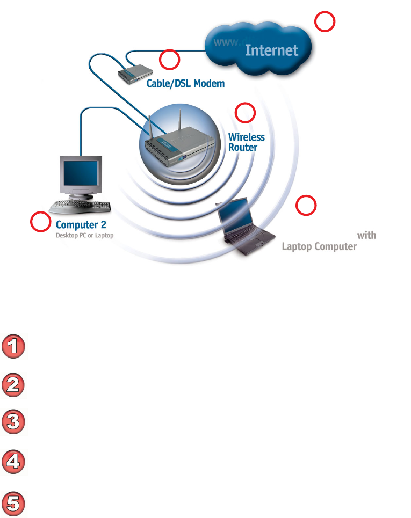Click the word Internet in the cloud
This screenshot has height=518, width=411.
tap(271, 50)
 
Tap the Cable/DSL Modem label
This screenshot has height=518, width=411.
tap(185, 84)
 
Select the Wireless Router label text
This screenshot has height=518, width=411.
tap(246, 142)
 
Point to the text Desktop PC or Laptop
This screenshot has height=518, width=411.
tap(84, 235)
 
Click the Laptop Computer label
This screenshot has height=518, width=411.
tap(319, 247)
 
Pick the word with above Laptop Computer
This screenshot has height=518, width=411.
tap(366, 235)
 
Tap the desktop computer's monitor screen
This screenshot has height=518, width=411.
tap(81, 175)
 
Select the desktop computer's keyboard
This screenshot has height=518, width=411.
tap(81, 205)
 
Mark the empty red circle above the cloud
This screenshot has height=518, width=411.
tap(325, 22)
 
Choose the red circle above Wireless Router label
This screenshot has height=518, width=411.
tap(246, 113)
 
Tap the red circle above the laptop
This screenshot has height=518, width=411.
tap(306, 205)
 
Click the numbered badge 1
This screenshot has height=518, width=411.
tap(14, 346)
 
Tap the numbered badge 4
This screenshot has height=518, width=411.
tap(14, 462)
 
